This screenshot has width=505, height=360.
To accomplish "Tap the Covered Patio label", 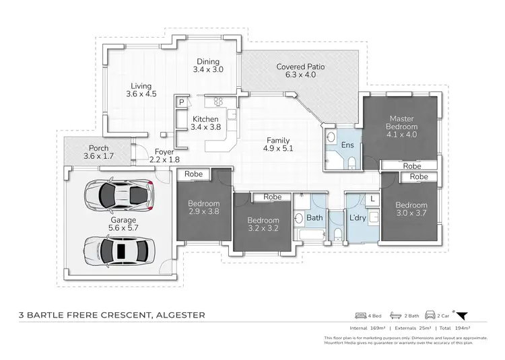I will pyautogui.click(x=296, y=67).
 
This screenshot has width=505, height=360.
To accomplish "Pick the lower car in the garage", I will pyautogui.click(x=121, y=250).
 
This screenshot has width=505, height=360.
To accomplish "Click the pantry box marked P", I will pyautogui.click(x=181, y=102).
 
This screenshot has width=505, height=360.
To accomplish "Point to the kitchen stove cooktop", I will pyautogui.click(x=218, y=102).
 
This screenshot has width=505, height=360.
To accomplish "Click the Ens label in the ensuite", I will pyautogui.click(x=348, y=145).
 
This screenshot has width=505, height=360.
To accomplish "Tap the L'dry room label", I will pyautogui.click(x=356, y=217).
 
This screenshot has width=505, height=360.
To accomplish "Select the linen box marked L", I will pyautogui.click(x=372, y=199).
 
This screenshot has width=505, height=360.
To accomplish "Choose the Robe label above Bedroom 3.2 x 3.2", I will pyautogui.click(x=272, y=197).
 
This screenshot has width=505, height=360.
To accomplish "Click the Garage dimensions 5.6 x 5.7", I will pyautogui.click(x=123, y=228).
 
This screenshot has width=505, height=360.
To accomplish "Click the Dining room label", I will pyautogui.click(x=207, y=61).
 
